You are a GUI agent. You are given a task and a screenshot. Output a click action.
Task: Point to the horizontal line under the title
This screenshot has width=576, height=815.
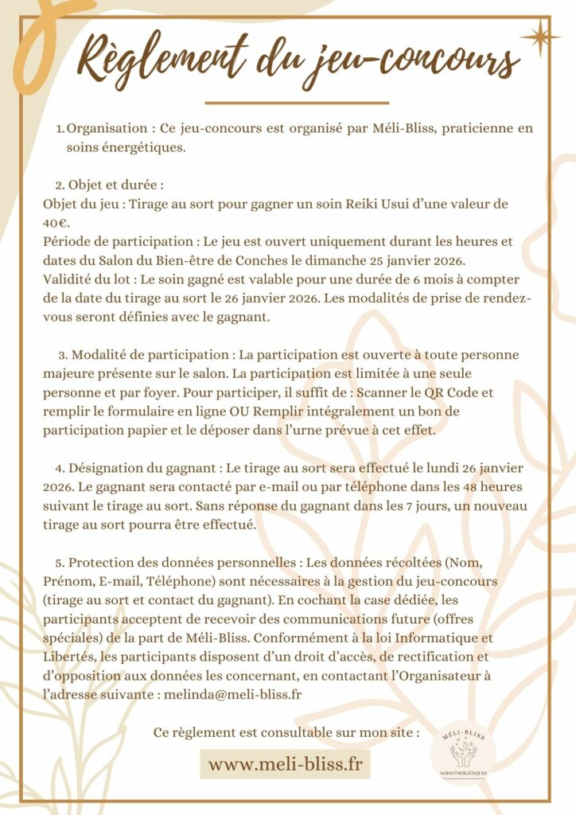(x=297, y=103)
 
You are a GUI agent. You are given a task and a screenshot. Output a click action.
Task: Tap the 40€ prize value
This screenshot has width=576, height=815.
(x=56, y=222)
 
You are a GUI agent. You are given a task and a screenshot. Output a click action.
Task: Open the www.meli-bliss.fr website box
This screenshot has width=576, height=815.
(x=285, y=764)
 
